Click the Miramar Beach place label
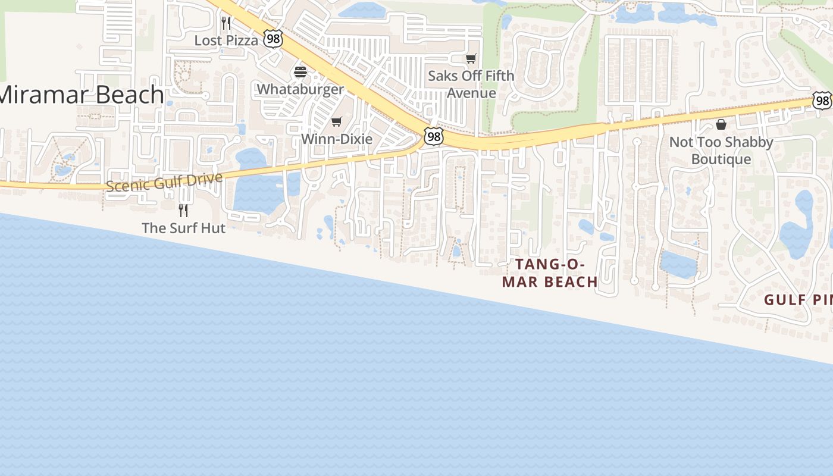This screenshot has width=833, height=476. point(81,95)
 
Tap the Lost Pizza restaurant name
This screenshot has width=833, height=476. point(226,40)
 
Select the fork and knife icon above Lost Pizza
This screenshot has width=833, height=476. point(226,23)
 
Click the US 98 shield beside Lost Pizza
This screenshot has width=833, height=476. point(273,39)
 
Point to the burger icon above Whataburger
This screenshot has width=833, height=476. point(300,73)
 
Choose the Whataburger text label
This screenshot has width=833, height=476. point(300,89)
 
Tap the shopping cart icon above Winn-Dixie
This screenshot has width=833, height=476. point(337,122)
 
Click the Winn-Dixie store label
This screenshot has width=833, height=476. point(337,139)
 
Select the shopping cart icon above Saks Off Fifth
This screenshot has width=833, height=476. point(471,58)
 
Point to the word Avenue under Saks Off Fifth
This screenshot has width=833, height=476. point(471,93)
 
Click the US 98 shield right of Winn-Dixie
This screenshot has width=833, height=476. point(434,136)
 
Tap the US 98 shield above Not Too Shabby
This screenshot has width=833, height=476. point(822,101)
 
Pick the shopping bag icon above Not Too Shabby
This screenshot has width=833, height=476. point(721,124)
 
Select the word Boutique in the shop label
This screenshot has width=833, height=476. point(721,159)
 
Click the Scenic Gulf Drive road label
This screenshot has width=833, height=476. point(165,181)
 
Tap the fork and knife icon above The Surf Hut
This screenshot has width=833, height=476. point(183,210)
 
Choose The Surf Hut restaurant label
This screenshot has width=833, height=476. point(183,228)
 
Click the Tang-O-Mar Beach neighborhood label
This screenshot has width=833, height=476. point(550,273)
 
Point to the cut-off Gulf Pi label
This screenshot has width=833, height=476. point(798,300)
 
